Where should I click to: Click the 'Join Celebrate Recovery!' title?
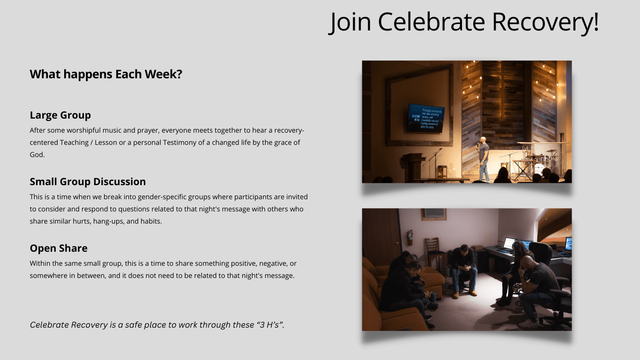pos(464,22)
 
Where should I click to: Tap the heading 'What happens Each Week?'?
pos(106,74)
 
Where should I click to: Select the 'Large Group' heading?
pos(60,115)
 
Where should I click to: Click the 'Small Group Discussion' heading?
pos(88,181)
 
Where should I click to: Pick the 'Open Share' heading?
pos(59,248)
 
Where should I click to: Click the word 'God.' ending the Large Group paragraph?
pos(37,154)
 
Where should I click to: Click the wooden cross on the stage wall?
pos(502,89)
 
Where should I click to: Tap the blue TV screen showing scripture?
pos(426,119)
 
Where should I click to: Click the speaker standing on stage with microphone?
pos(483,159)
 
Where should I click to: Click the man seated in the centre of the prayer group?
pos(463,270)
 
